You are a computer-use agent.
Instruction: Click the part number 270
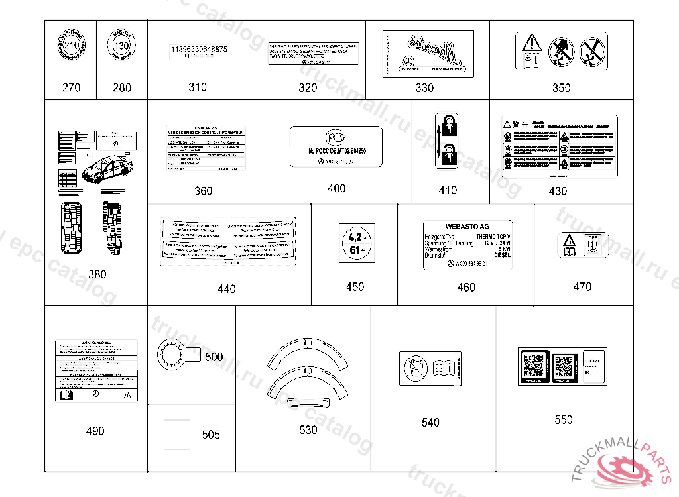71,87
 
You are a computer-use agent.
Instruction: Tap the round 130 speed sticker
121,47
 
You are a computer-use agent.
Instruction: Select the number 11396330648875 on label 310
199,50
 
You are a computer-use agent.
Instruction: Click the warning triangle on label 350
531,44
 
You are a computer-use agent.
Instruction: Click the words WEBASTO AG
467,227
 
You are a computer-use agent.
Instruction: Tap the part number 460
466,288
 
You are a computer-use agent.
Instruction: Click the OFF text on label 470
593,237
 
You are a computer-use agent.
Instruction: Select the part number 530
308,430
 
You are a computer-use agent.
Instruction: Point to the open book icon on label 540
442,366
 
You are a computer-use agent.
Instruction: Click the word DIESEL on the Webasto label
502,256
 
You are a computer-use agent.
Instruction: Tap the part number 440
226,289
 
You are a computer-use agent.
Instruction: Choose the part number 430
558,192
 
